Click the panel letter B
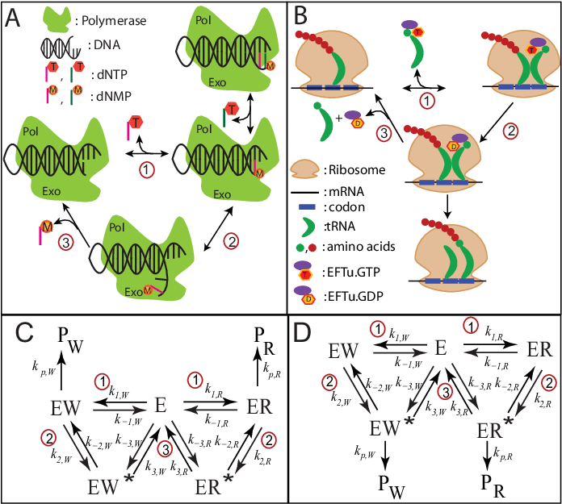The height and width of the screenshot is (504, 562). (x=300, y=15)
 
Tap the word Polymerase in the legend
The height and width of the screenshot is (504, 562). (x=113, y=21)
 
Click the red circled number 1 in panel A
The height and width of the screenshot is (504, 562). (x=146, y=170)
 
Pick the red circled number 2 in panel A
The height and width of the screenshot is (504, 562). (x=232, y=241)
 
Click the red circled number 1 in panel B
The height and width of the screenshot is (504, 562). (x=428, y=101)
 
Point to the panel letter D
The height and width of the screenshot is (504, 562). (x=300, y=332)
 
